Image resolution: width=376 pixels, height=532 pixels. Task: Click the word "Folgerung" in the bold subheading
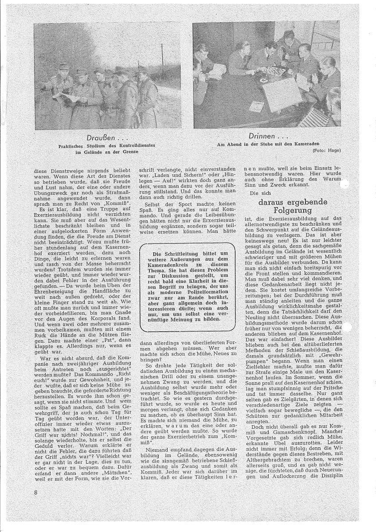[x=293, y=210]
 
